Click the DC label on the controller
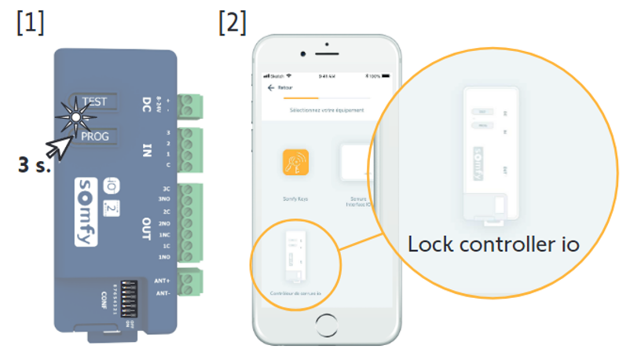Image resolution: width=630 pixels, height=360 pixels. [x=146, y=103]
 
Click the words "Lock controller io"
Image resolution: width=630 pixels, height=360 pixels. [x=493, y=244]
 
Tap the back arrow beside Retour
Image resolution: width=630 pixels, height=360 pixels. [x=271, y=87]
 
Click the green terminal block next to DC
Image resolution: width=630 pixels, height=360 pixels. [x=189, y=107]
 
